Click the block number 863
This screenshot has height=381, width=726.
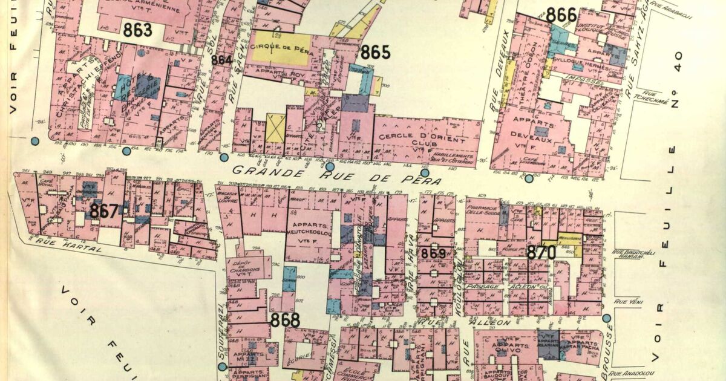point(137,30)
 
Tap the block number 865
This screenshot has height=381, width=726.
point(375,53)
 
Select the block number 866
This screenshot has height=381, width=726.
point(561,15)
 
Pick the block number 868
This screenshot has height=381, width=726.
point(285,320)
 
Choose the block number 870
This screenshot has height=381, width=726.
point(540,253)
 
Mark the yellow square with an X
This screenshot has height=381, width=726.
point(275,128)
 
